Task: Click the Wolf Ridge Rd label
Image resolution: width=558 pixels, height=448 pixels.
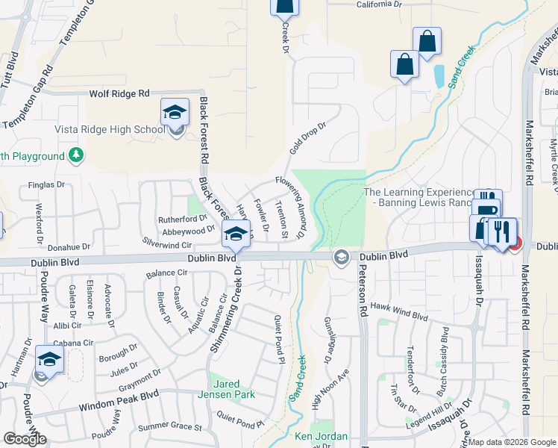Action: click(x=119, y=93)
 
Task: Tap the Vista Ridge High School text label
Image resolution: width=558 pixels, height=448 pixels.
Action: click(x=110, y=129)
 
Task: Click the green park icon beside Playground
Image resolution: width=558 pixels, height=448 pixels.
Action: click(x=75, y=155)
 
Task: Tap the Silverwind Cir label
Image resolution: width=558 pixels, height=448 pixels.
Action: click(x=167, y=244)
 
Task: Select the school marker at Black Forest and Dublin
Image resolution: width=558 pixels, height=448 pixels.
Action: click(x=236, y=234)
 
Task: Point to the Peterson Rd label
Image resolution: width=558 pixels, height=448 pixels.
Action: click(x=363, y=290)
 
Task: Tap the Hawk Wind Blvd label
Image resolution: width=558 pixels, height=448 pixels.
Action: click(x=399, y=311)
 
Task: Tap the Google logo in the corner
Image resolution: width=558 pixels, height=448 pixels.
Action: click(x=25, y=438)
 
